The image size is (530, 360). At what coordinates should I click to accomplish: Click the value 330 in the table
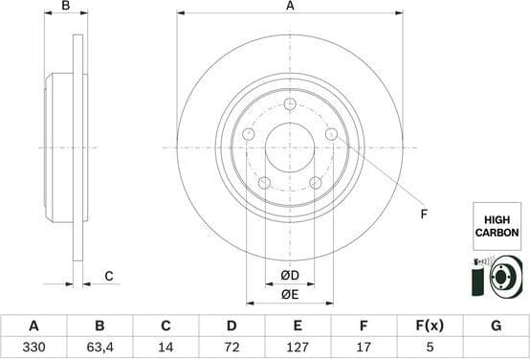33,349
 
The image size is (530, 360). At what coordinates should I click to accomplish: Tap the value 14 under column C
166,349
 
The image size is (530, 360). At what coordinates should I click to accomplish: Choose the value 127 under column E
298,349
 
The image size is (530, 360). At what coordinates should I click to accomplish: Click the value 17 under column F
364,349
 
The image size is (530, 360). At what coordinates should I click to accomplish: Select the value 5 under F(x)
430,349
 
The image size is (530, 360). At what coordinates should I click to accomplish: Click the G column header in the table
496,326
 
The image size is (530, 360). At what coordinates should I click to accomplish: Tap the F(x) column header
430,326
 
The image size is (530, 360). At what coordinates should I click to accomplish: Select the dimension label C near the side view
109,277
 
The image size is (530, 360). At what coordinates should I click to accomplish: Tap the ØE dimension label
290,294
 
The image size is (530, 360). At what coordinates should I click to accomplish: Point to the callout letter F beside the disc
423,214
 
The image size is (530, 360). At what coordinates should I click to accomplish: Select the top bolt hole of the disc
290,104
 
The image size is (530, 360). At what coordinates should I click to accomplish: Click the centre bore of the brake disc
290,147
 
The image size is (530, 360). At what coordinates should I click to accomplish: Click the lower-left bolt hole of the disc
265,183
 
